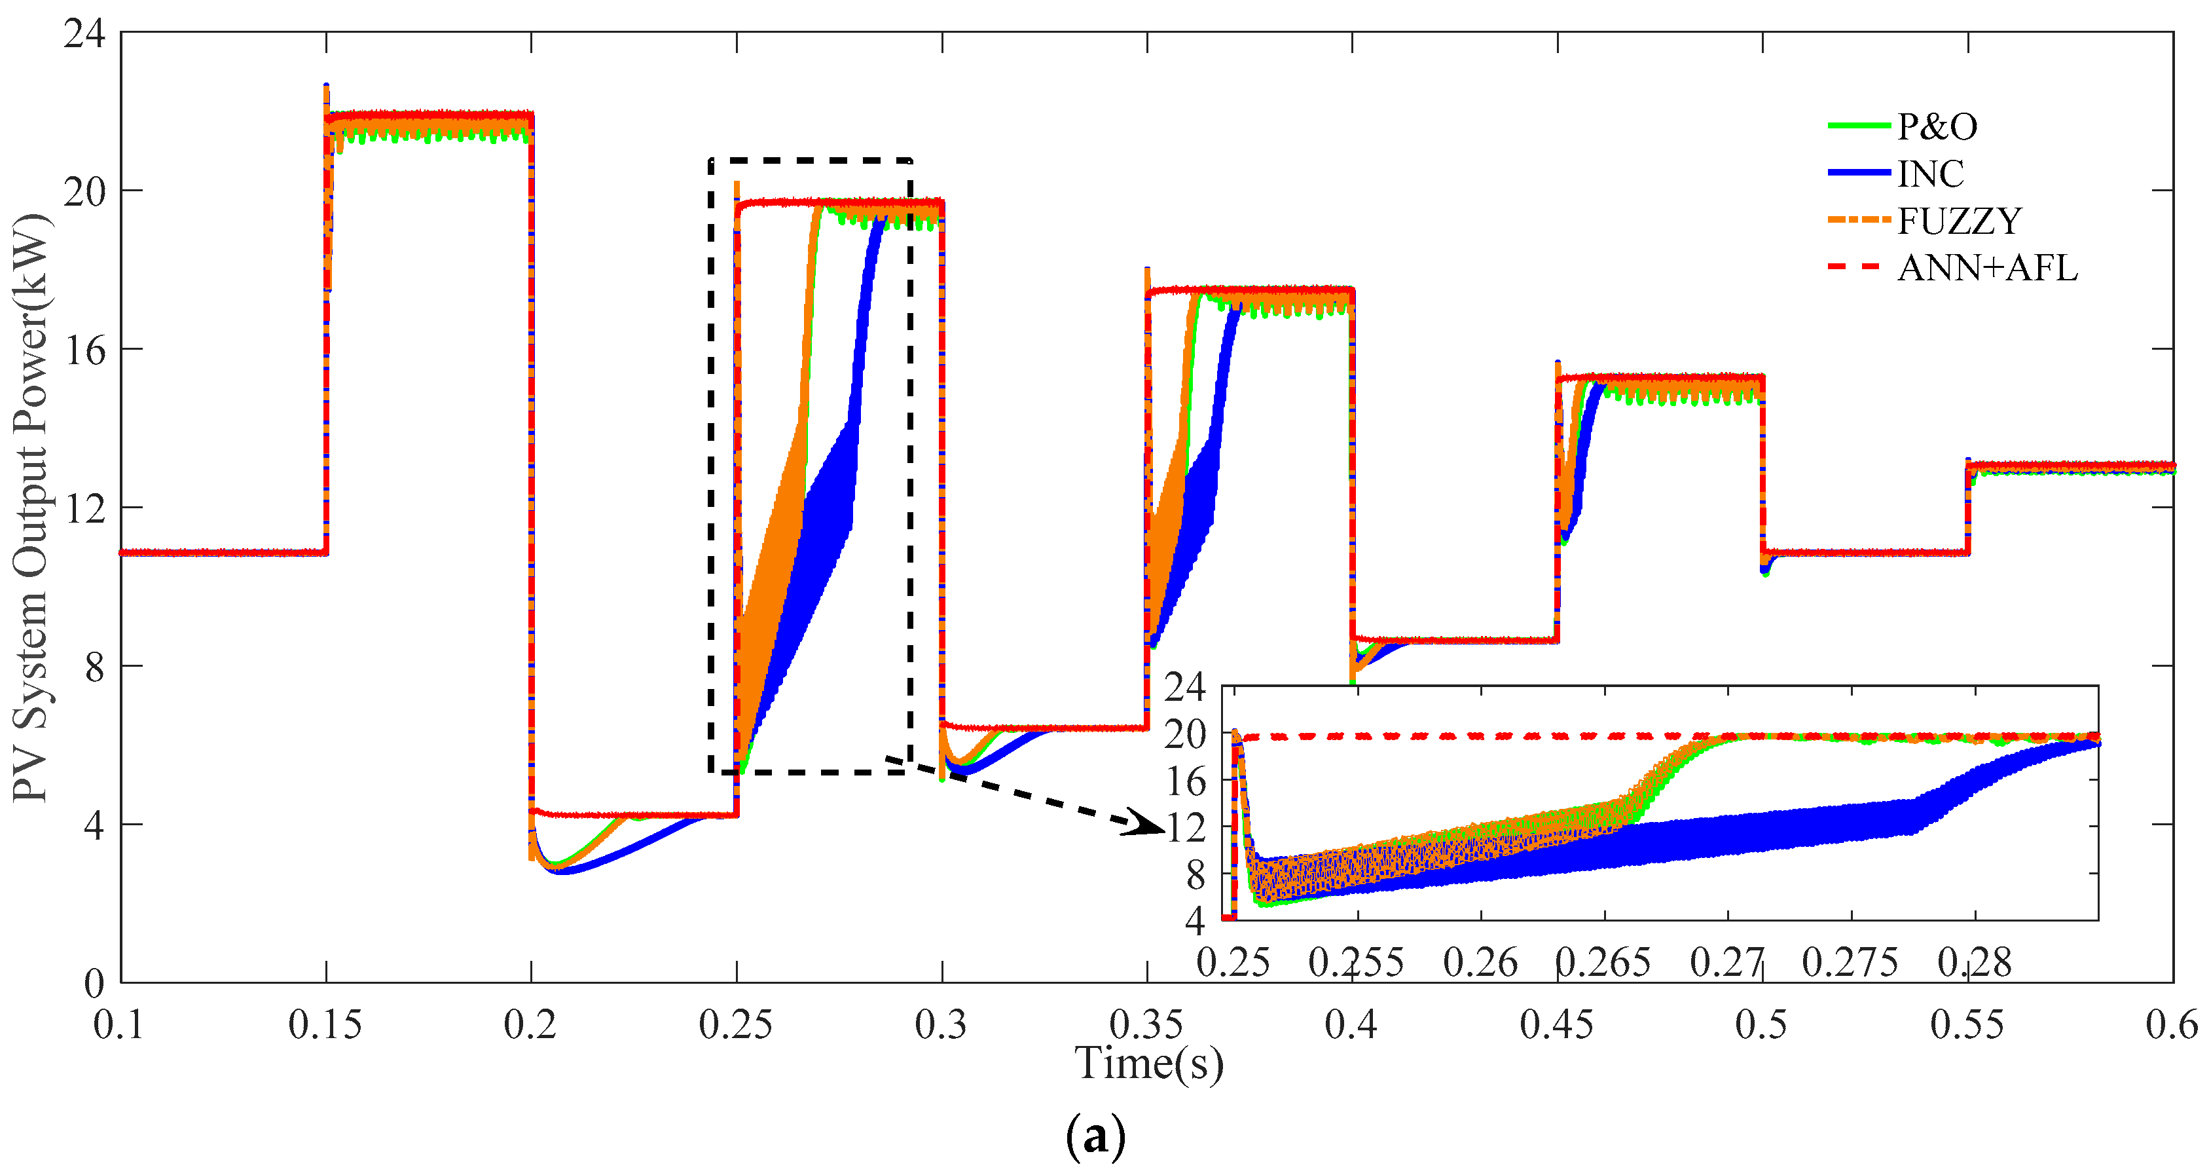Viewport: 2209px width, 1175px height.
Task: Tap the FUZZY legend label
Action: click(x=1959, y=221)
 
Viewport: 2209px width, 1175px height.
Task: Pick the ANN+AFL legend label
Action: click(x=1987, y=269)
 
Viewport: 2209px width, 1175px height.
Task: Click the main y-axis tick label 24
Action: click(x=84, y=34)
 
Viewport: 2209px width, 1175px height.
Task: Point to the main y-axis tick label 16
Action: click(x=84, y=350)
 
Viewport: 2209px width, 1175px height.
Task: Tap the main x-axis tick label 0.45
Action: click(x=1556, y=1025)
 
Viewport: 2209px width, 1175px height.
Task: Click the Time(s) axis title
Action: click(x=1149, y=1064)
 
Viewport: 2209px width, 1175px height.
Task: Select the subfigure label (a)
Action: click(x=1095, y=1137)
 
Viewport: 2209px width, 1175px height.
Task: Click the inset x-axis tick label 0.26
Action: click(x=1480, y=962)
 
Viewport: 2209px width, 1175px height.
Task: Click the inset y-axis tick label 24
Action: click(x=1185, y=687)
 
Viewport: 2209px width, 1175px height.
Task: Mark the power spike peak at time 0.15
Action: click(x=327, y=86)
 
